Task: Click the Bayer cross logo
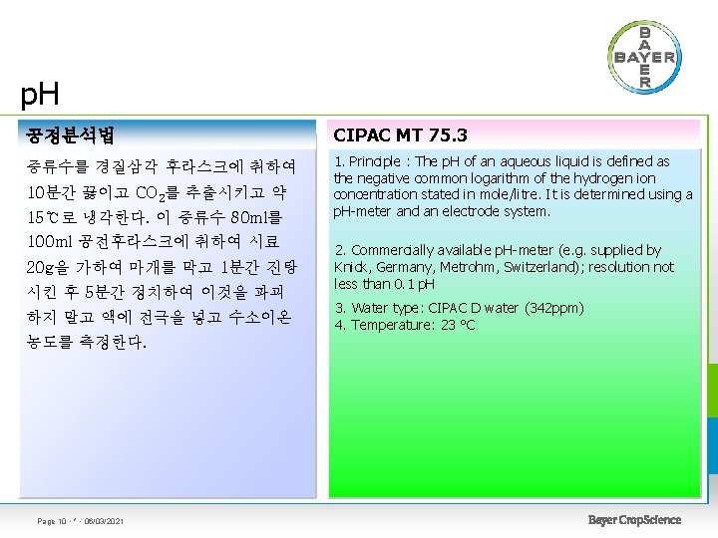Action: (x=643, y=56)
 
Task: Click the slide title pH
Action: (x=40, y=96)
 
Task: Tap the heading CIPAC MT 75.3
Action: (x=400, y=134)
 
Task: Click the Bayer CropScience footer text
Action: (x=634, y=520)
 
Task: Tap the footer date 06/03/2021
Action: (x=103, y=521)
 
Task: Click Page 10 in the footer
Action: (x=51, y=521)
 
